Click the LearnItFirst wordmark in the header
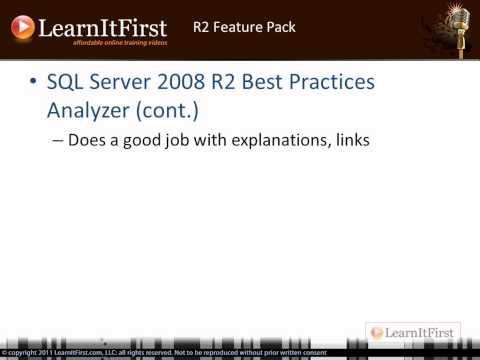pos(103,26)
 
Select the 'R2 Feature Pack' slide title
pos(244,27)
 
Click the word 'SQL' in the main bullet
pos(67,82)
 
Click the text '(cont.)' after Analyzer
pos(169,109)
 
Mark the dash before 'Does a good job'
pos(57,141)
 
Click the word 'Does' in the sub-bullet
pos(86,140)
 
